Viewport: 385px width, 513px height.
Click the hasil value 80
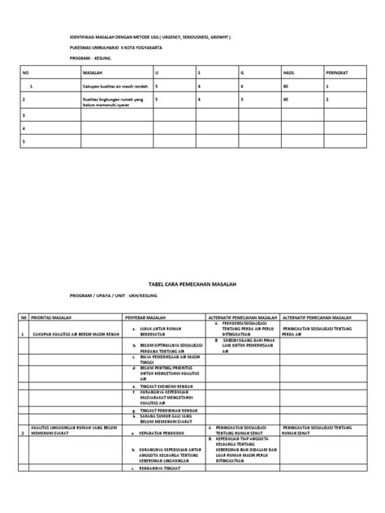click(x=285, y=84)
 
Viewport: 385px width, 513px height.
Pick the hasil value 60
click(x=285, y=99)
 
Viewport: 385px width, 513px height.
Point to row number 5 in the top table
click(x=25, y=141)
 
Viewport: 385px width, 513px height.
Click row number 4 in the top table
click(x=25, y=128)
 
